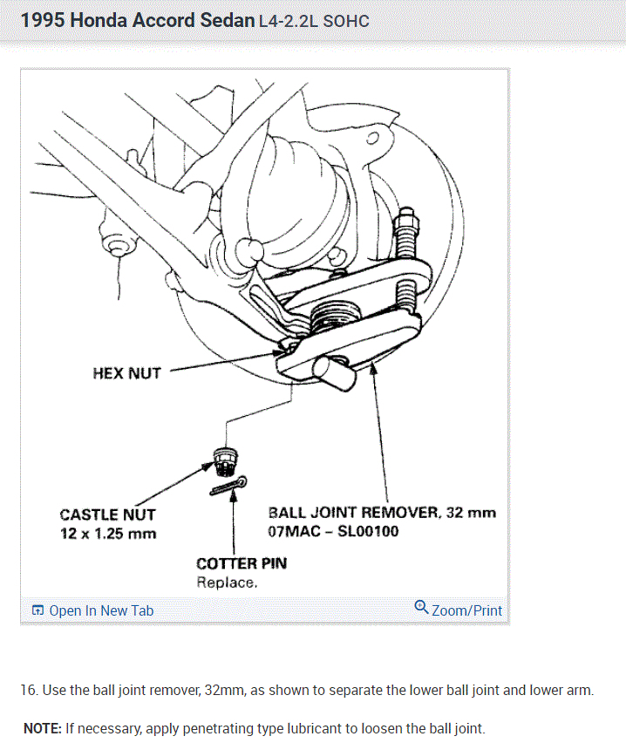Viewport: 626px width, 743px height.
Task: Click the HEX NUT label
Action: pos(126,373)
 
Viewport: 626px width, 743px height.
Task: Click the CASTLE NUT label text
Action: pos(107,515)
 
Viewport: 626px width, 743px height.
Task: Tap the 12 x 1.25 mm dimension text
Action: pos(107,533)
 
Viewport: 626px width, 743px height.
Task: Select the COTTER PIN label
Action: pos(241,563)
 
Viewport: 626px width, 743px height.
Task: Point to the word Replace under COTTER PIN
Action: pos(226,582)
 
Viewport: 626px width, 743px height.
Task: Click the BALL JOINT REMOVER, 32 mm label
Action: pos(382,512)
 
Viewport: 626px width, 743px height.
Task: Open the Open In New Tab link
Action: pos(101,610)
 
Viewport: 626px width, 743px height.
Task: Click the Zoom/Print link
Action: pos(466,610)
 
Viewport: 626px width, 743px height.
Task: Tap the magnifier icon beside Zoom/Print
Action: pos(422,608)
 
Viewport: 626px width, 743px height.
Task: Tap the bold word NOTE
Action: pos(40,727)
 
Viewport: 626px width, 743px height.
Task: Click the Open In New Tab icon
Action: pos(37,610)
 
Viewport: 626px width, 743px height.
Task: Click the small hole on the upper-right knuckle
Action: pos(374,139)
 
